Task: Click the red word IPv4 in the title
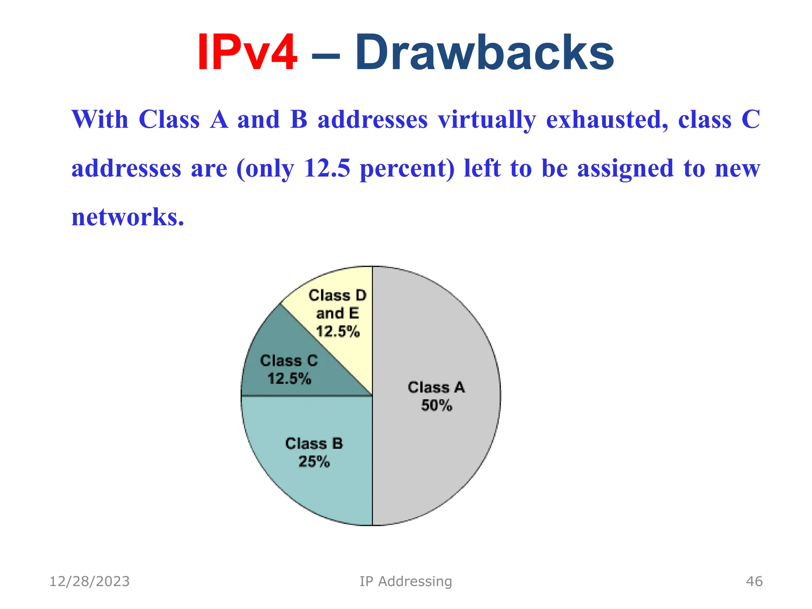(x=247, y=53)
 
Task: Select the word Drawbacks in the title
(x=484, y=53)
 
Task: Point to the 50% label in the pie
(x=436, y=406)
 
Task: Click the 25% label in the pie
(x=314, y=462)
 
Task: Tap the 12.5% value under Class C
(x=289, y=379)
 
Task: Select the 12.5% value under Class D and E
(x=338, y=331)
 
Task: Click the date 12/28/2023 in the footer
(x=90, y=581)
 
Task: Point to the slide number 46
(x=754, y=581)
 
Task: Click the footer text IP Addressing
(x=406, y=581)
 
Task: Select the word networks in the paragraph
(x=128, y=217)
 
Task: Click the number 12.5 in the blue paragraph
(x=327, y=168)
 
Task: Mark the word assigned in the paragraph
(x=625, y=169)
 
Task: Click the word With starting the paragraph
(x=100, y=119)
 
